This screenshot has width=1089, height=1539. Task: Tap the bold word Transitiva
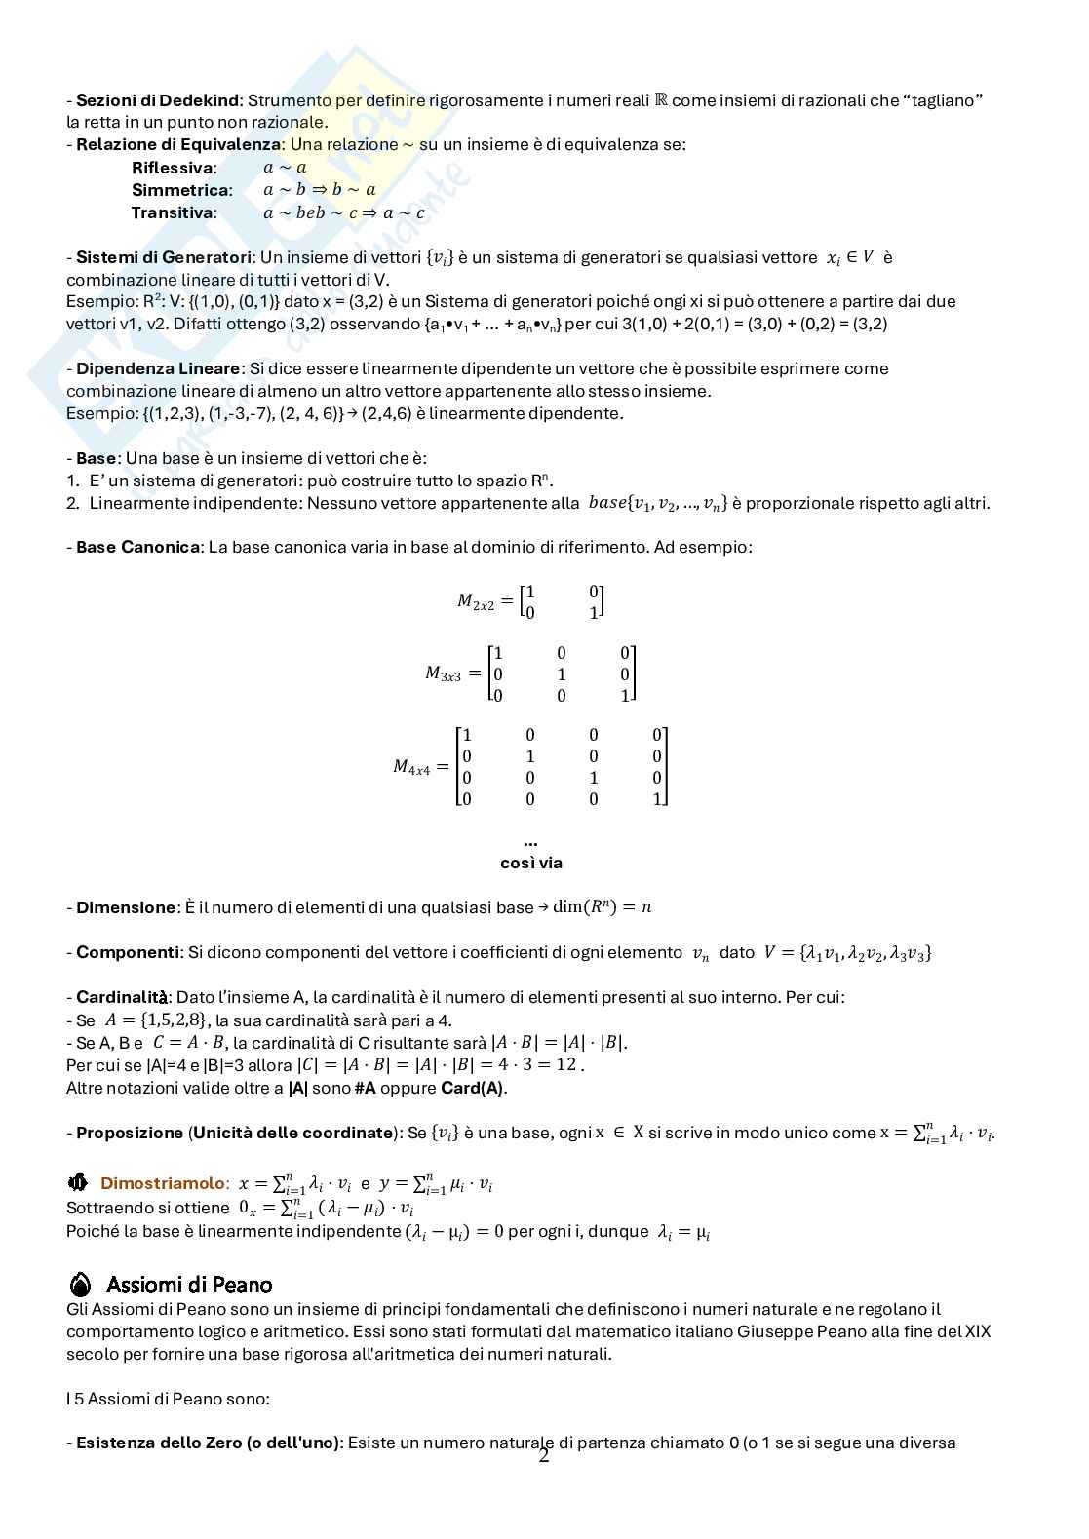tap(173, 212)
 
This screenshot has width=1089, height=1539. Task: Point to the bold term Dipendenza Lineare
tap(157, 368)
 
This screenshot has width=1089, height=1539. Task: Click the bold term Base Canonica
tap(137, 547)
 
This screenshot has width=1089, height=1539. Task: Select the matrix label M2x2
tap(477, 601)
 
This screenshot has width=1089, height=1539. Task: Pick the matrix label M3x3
tap(444, 673)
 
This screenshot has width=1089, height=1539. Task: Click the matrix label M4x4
tap(411, 767)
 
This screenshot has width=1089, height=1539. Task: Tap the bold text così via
tap(531, 863)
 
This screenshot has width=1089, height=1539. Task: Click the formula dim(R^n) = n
tap(602, 907)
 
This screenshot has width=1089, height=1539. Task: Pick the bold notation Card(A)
tap(473, 1088)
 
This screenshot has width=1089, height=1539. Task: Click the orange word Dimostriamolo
tap(162, 1183)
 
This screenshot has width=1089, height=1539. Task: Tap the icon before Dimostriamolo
tap(78, 1183)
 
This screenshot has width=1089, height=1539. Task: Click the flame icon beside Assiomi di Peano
tap(81, 1284)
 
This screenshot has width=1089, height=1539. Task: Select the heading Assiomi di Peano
tap(189, 1284)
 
